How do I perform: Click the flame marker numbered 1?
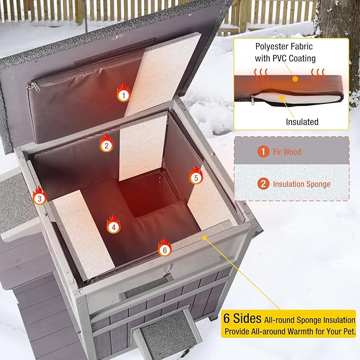(x=123, y=94)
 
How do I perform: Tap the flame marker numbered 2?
(x=107, y=144)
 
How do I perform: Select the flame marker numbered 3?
(x=38, y=198)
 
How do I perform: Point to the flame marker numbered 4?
(x=113, y=226)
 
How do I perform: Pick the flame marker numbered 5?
(x=196, y=177)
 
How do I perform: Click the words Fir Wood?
(x=287, y=152)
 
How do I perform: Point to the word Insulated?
(x=302, y=122)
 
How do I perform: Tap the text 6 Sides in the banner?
(x=242, y=319)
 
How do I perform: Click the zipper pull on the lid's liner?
(x=33, y=86)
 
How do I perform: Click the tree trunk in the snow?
(x=339, y=42)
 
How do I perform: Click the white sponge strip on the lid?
(x=162, y=74)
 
